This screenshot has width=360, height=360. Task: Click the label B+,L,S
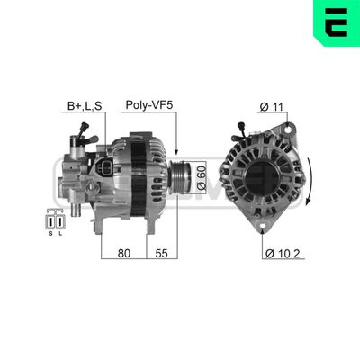[x=85, y=106]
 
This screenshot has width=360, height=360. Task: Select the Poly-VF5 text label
[x=148, y=106]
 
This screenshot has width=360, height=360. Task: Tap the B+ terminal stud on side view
[x=83, y=127]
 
